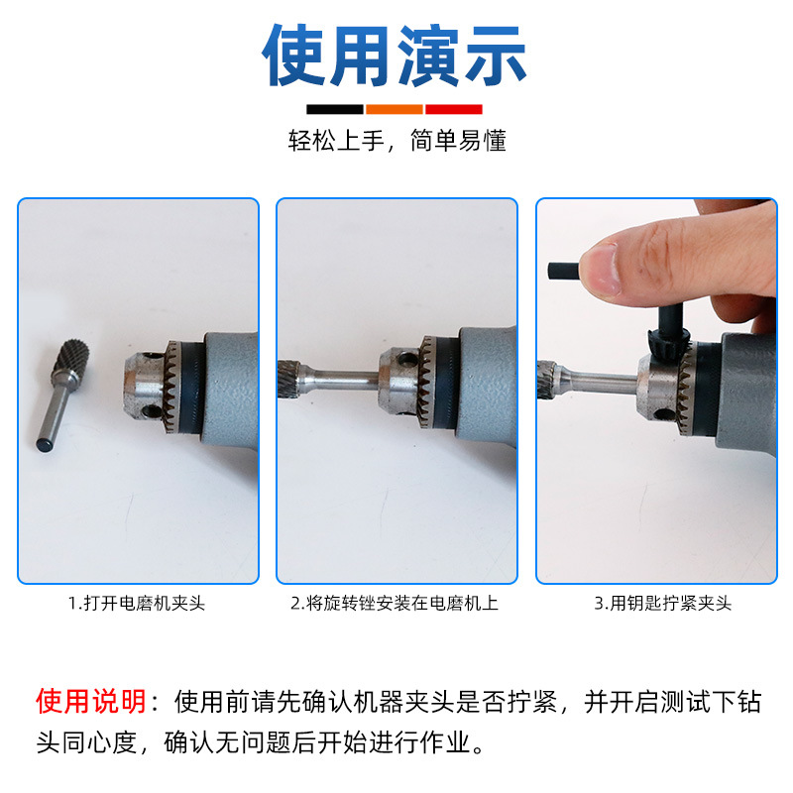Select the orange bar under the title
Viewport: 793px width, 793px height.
395,109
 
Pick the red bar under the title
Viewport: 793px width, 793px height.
453,109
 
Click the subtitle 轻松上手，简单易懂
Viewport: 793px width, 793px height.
396,141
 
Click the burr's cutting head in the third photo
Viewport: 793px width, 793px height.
547,380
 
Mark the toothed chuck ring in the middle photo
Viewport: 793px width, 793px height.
428,382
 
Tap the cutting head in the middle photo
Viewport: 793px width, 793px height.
289,380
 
